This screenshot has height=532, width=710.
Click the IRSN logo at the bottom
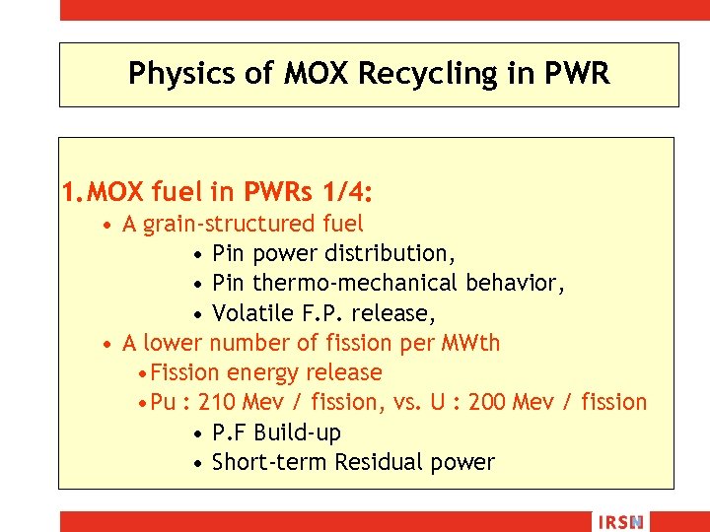(619, 522)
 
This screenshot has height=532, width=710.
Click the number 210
(217, 402)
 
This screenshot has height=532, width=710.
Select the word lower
(172, 343)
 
